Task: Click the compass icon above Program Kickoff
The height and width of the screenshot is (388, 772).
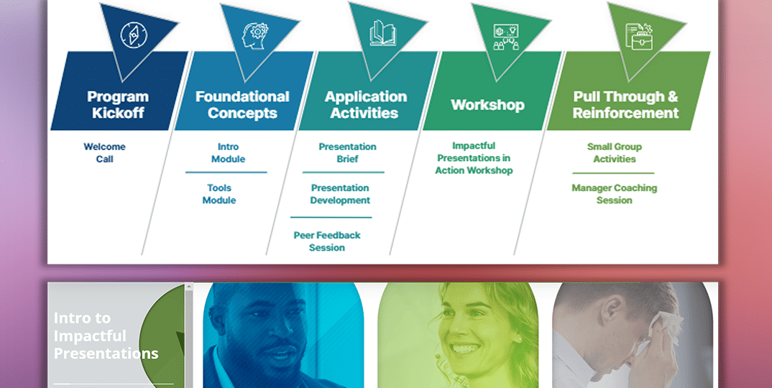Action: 134,35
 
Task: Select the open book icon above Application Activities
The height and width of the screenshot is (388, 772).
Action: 383,33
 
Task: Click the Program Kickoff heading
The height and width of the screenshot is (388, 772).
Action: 118,104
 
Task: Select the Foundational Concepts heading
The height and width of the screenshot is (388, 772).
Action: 242,104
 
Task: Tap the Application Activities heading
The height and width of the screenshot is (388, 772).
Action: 365,104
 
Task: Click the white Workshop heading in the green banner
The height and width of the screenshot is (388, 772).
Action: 488,105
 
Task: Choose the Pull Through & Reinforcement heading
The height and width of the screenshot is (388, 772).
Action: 626,104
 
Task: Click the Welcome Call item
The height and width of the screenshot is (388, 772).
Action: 104,152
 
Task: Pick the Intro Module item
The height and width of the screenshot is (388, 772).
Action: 228,152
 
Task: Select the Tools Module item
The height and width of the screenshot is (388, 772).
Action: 219,194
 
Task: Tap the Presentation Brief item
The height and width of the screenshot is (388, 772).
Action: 348,152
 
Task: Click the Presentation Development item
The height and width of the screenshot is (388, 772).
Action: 340,194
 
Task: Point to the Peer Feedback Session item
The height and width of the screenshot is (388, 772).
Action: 327,241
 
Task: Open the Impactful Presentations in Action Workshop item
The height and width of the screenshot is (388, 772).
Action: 474,158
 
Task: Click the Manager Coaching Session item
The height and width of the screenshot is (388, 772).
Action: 615,194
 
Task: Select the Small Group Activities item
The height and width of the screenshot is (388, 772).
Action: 615,152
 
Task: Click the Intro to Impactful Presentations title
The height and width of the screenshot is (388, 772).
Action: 106,336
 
